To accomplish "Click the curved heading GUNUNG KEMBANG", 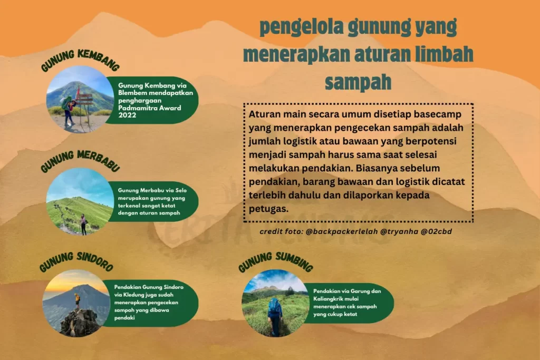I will (x=80, y=60).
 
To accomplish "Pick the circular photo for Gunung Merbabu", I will (x=80, y=201).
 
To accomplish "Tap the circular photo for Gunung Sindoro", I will (x=76, y=303).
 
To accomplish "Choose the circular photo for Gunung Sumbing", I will (x=275, y=303).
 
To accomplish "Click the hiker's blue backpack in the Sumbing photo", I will (x=274, y=306).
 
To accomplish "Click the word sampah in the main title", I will (x=358, y=83).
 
